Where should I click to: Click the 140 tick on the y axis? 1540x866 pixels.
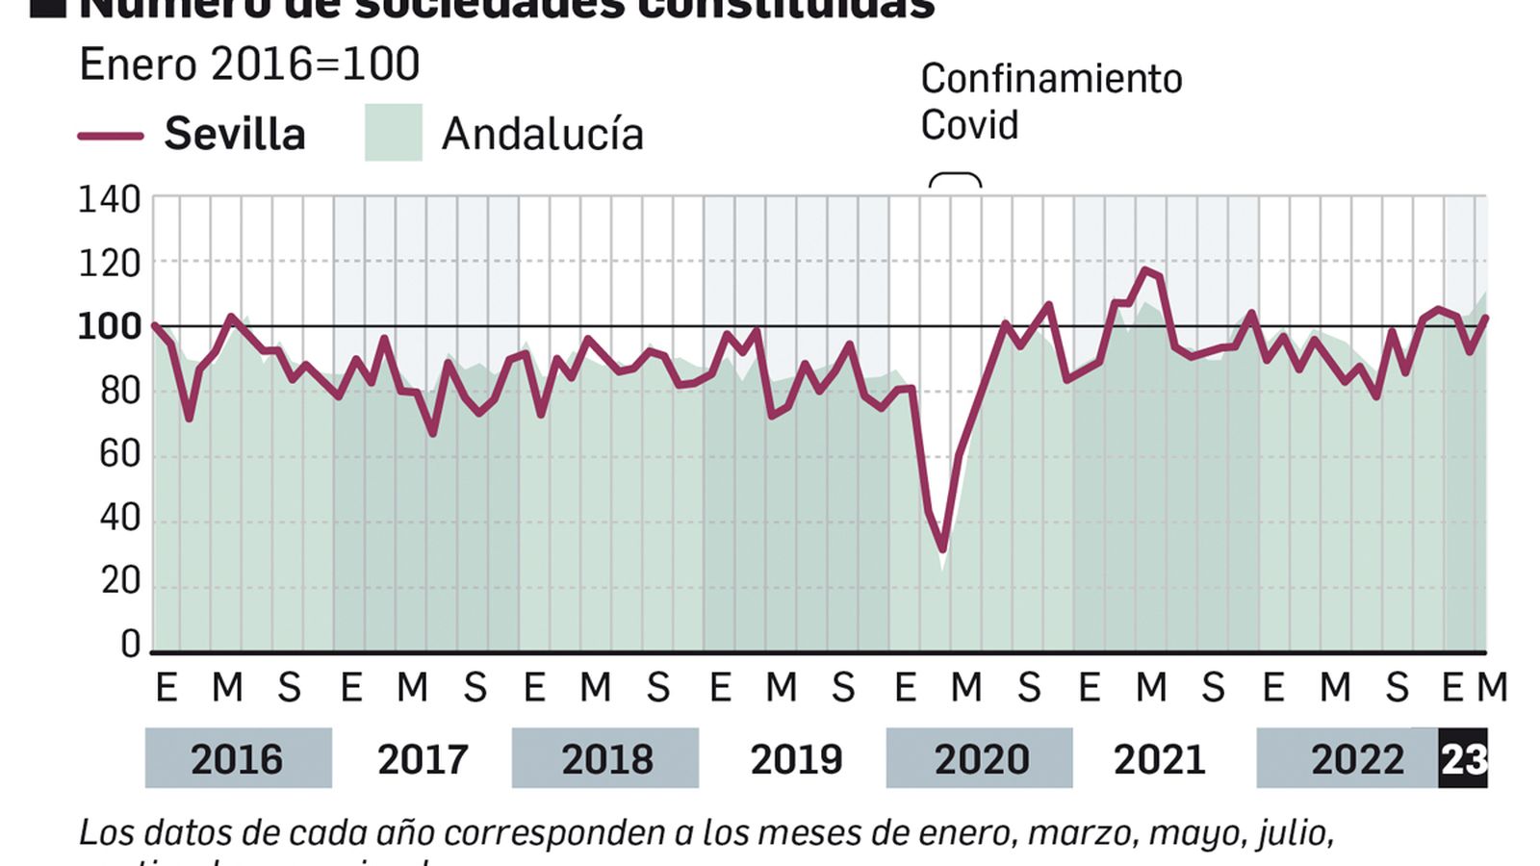[x=109, y=200]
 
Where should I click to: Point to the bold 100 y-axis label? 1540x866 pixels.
[x=109, y=327]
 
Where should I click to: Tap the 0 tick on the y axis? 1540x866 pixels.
[x=130, y=644]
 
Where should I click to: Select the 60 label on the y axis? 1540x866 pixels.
[x=119, y=453]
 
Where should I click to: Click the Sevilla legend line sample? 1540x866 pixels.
[x=111, y=136]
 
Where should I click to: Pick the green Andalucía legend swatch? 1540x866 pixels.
[x=393, y=133]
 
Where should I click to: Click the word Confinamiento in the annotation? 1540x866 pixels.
[x=1051, y=79]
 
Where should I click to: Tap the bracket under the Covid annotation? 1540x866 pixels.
[x=955, y=179]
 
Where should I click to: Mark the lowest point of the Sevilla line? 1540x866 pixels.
[x=942, y=549]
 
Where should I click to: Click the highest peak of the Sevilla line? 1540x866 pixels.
[x=1144, y=270]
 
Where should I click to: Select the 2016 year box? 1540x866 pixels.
[x=238, y=759]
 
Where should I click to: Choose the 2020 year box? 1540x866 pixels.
[x=980, y=759]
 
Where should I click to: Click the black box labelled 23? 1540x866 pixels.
[x=1463, y=759]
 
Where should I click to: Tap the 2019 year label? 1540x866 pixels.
[x=796, y=759]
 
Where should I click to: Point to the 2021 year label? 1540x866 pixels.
[x=1159, y=759]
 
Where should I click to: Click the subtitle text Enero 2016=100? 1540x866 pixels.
[x=249, y=65]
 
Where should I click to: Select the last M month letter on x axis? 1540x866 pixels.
[x=1492, y=687]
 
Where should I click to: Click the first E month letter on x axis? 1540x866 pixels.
[x=166, y=687]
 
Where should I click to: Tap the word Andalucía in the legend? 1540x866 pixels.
[x=542, y=135]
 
